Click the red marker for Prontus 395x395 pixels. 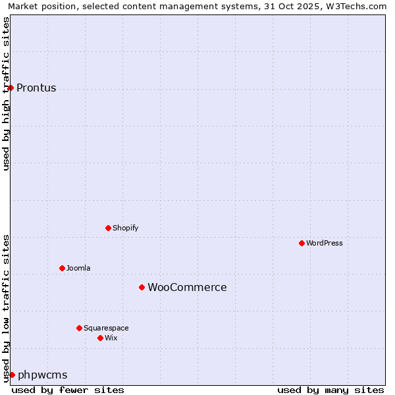11,88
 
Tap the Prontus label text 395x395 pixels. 36,88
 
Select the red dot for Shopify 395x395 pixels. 108,228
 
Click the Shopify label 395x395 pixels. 125,228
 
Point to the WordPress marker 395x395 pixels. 302,243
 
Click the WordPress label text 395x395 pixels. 324,244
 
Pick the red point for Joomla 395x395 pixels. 62,268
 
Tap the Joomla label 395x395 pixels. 78,269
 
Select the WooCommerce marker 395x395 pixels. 142,287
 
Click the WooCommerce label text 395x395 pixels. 187,288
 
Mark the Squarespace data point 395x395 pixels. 79,328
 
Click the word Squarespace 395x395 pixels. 106,329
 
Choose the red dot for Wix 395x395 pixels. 100,338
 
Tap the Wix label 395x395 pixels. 111,338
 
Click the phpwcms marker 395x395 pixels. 12,375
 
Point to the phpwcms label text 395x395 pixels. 42,375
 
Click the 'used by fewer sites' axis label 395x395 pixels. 68,390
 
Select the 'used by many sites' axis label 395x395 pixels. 330,390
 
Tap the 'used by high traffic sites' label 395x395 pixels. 7,93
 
